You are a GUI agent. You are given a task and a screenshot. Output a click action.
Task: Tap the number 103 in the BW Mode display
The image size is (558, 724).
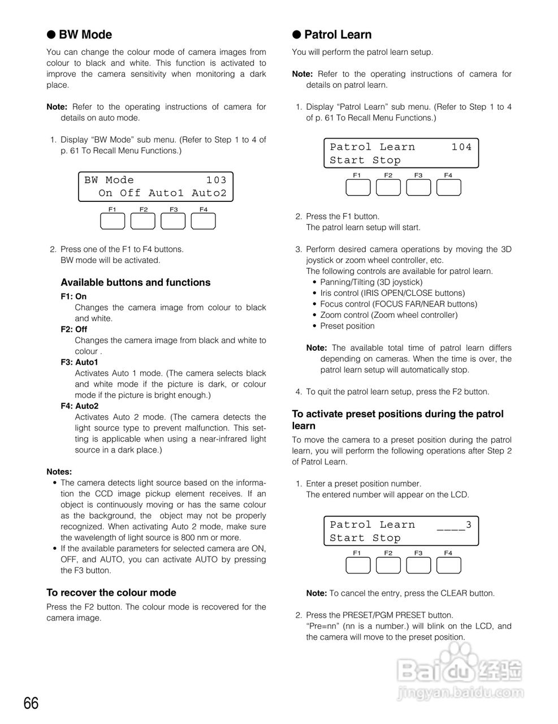pos(216,180)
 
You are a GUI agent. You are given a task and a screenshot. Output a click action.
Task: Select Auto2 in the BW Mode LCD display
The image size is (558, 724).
pos(209,193)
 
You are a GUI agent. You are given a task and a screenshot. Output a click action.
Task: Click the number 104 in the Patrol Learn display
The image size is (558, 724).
pos(461,147)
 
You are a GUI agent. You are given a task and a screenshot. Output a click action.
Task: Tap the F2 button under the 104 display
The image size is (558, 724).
pos(388,187)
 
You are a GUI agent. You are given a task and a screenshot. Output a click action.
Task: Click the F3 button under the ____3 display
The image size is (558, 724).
pos(418,565)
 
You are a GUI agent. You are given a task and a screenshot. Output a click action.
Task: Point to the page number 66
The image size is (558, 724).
pos(31,704)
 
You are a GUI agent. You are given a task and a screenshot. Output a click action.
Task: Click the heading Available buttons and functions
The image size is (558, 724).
pos(135,283)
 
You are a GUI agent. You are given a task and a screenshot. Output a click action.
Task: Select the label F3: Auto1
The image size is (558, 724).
pos(79,362)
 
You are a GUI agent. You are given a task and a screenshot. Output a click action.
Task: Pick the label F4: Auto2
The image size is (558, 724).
pos(79,406)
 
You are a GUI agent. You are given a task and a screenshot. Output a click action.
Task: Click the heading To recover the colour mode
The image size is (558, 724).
pos(111,593)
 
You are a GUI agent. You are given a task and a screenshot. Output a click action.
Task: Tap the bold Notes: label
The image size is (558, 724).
pos(59,472)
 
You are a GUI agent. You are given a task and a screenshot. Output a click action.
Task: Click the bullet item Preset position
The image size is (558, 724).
pos(347,326)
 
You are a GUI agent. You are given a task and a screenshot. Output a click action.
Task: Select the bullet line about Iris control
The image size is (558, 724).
pos(392,294)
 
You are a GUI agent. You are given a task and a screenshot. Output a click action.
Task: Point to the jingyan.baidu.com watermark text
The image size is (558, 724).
pos(461,692)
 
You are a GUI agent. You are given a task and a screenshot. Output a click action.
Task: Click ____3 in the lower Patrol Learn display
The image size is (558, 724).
pos(454,525)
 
